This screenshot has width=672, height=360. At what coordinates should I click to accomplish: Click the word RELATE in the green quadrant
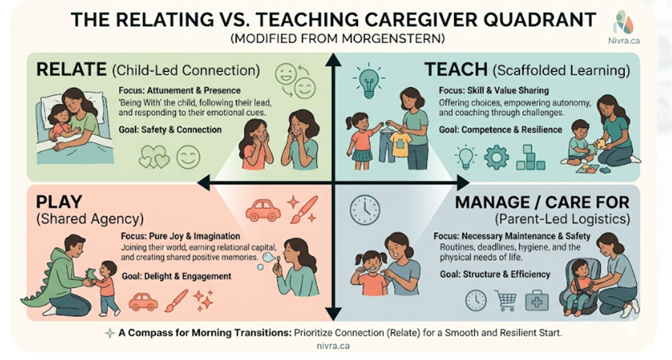click(71, 70)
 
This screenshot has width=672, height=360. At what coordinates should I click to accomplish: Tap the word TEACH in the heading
click(456, 70)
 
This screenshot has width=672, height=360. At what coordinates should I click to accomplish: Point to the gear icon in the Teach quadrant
click(497, 157)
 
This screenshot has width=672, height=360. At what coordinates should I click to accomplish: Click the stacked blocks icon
click(530, 157)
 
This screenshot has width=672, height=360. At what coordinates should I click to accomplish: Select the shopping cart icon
click(505, 300)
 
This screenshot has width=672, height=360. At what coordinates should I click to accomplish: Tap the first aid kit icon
click(537, 300)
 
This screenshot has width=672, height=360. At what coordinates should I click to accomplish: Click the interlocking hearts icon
click(155, 157)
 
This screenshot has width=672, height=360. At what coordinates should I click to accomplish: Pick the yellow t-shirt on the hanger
click(401, 144)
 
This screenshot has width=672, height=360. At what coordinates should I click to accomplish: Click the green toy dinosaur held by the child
click(92, 274)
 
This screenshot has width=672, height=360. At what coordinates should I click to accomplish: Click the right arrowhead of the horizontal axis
click(463, 183)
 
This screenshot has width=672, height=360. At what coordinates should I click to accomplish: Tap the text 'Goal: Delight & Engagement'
click(176, 276)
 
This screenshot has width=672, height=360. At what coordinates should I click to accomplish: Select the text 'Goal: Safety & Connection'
click(170, 129)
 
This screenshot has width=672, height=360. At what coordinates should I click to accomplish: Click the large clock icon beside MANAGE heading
click(364, 211)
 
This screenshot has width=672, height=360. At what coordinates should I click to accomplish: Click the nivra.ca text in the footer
click(333, 346)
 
